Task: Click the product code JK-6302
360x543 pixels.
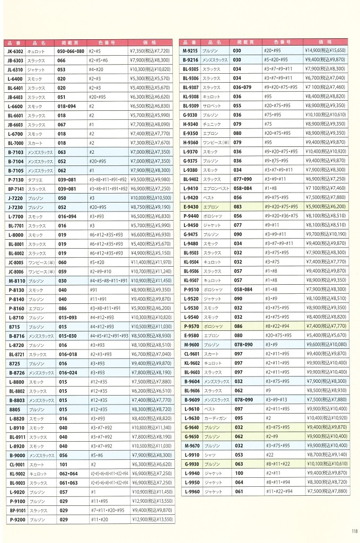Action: click(16, 51)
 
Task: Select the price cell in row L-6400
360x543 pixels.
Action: click(150, 78)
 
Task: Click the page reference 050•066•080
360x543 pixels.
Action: click(71, 51)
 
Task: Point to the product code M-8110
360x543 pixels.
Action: click(16, 281)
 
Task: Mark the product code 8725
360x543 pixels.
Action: click(15, 364)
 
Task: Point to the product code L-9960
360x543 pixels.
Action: click(190, 491)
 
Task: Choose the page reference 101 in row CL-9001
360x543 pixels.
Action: click(62, 464)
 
